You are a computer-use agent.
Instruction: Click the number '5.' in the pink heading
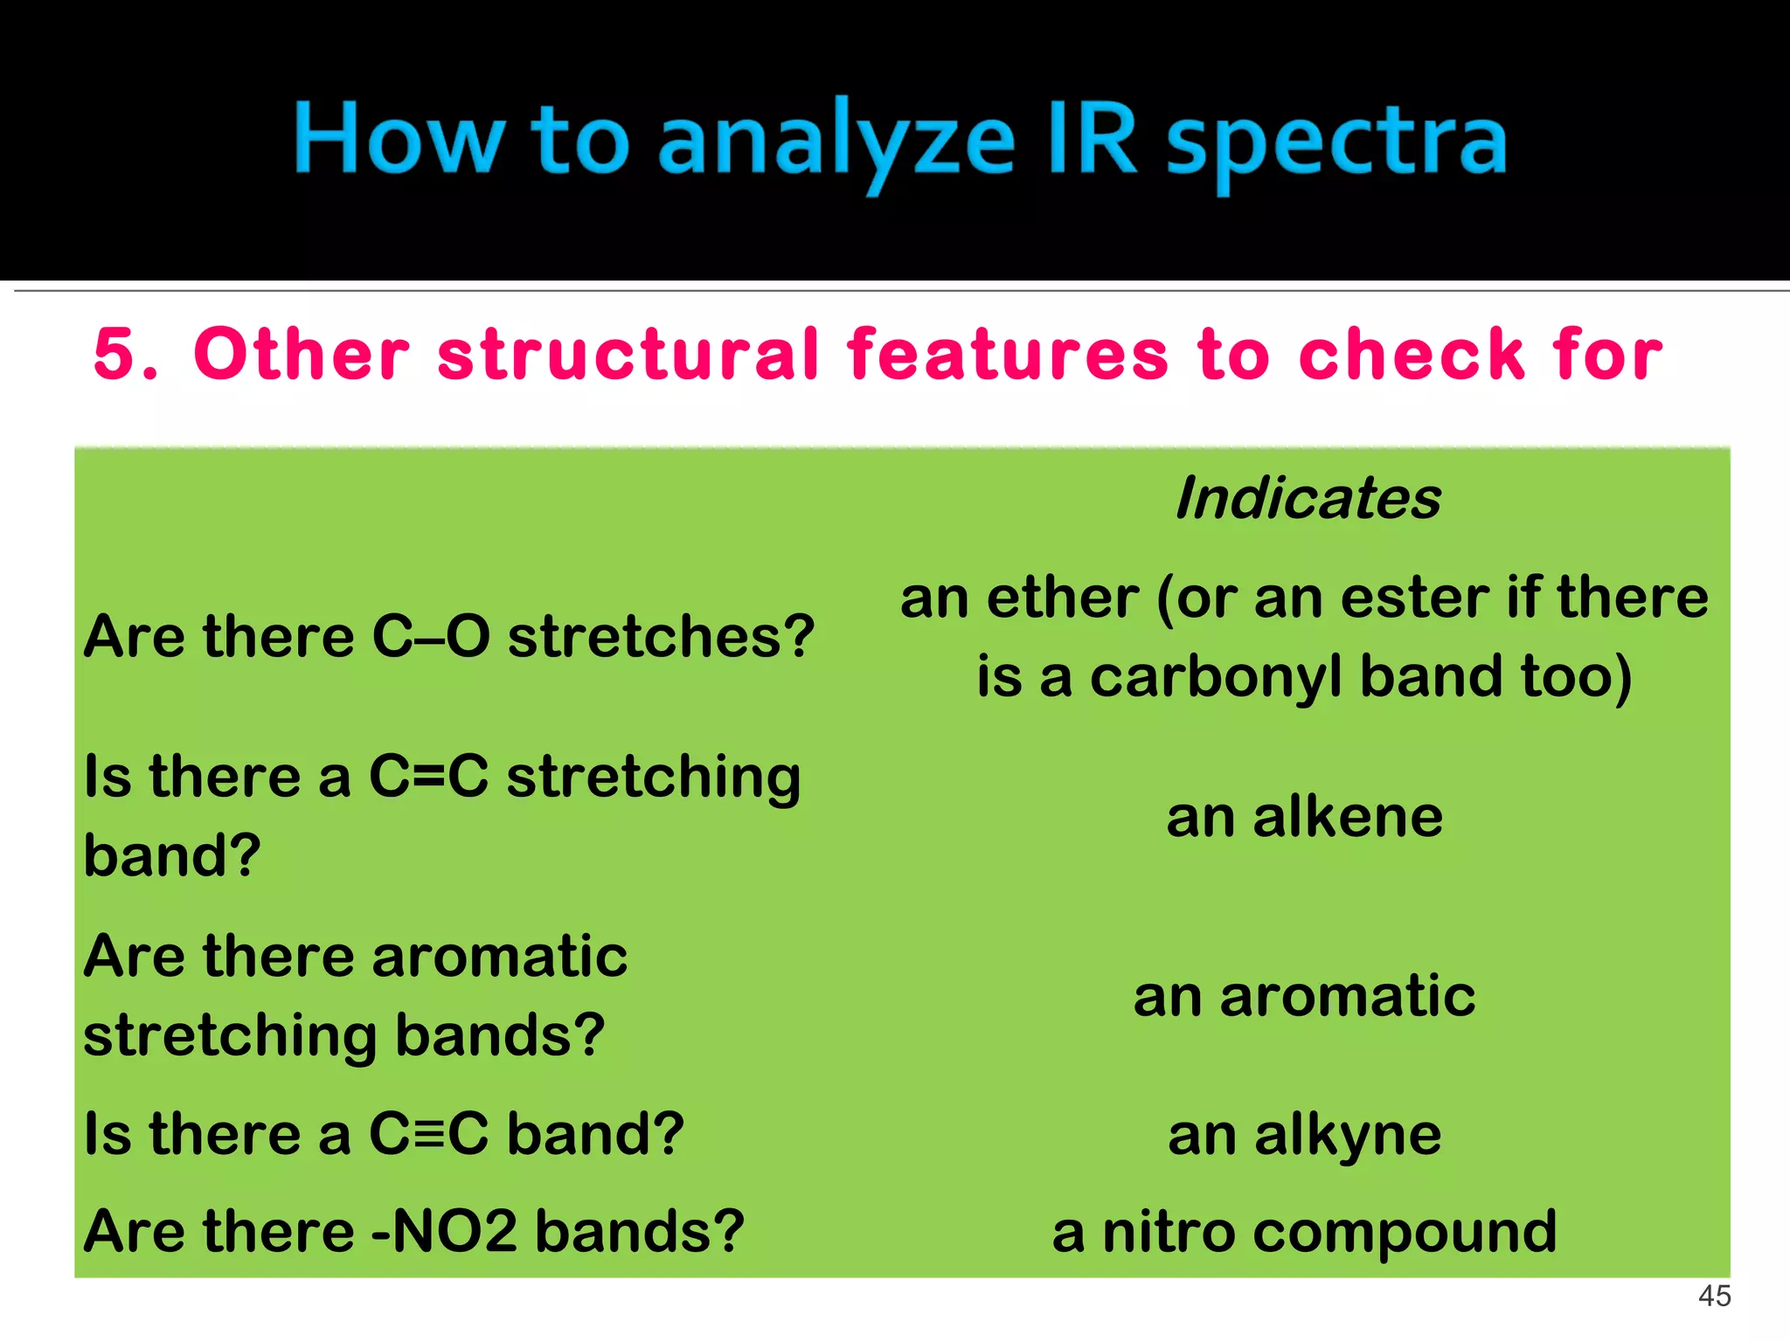[x=126, y=354]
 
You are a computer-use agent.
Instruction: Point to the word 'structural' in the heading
[x=628, y=354]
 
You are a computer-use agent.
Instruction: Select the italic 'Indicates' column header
[x=1308, y=499]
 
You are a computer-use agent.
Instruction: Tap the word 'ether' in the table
[x=1062, y=598]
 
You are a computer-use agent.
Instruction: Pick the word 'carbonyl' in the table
[x=1215, y=677]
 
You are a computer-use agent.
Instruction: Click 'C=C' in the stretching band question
[x=428, y=776]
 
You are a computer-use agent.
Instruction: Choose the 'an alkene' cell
[x=1304, y=818]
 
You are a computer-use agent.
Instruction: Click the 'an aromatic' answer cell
[x=1304, y=996]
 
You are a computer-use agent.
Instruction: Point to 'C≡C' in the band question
[x=428, y=1134]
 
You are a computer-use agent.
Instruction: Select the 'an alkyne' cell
[x=1304, y=1135]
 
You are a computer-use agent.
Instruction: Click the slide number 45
[x=1714, y=1296]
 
